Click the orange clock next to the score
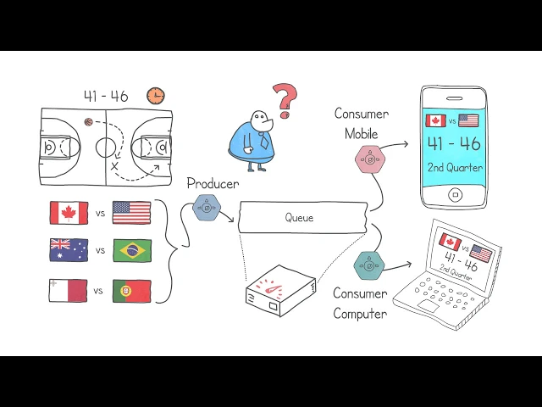pos(155,96)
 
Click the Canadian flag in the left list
pos(69,213)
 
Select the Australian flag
pos(69,250)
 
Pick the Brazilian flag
pos(132,250)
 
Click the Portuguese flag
pos(132,291)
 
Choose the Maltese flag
pos(69,291)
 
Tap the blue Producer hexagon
pos(207,207)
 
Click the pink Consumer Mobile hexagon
pos(370,158)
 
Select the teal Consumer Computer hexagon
pos(369,265)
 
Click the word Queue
pos(299,218)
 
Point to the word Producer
pos(213,183)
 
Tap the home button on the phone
pos(455,195)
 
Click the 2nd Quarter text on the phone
pos(455,167)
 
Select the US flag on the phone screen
pos(468,120)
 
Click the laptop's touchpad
pos(429,305)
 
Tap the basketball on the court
pos(88,122)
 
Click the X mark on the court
pos(114,166)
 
